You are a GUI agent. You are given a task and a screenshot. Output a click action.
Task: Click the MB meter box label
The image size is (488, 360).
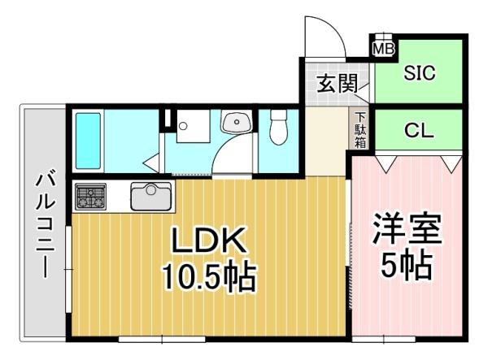[x=382, y=50]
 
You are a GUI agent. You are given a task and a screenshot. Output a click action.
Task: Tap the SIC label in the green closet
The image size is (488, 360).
[x=420, y=72]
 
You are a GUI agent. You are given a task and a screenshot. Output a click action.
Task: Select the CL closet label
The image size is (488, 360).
[x=419, y=130]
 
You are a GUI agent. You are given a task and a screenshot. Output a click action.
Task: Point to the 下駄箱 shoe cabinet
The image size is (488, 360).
[x=359, y=129]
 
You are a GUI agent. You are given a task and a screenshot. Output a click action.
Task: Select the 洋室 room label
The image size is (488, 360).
[x=407, y=228]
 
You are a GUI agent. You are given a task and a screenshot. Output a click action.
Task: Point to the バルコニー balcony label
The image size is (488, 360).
[x=42, y=223]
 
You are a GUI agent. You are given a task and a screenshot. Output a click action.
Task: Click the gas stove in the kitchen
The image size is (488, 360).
[x=90, y=196]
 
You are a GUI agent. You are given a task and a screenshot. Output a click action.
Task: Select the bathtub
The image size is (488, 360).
[x=88, y=139]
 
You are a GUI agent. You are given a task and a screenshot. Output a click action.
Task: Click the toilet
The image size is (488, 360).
[x=279, y=128]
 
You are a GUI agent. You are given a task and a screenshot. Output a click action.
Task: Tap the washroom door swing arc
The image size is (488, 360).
[x=230, y=157]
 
